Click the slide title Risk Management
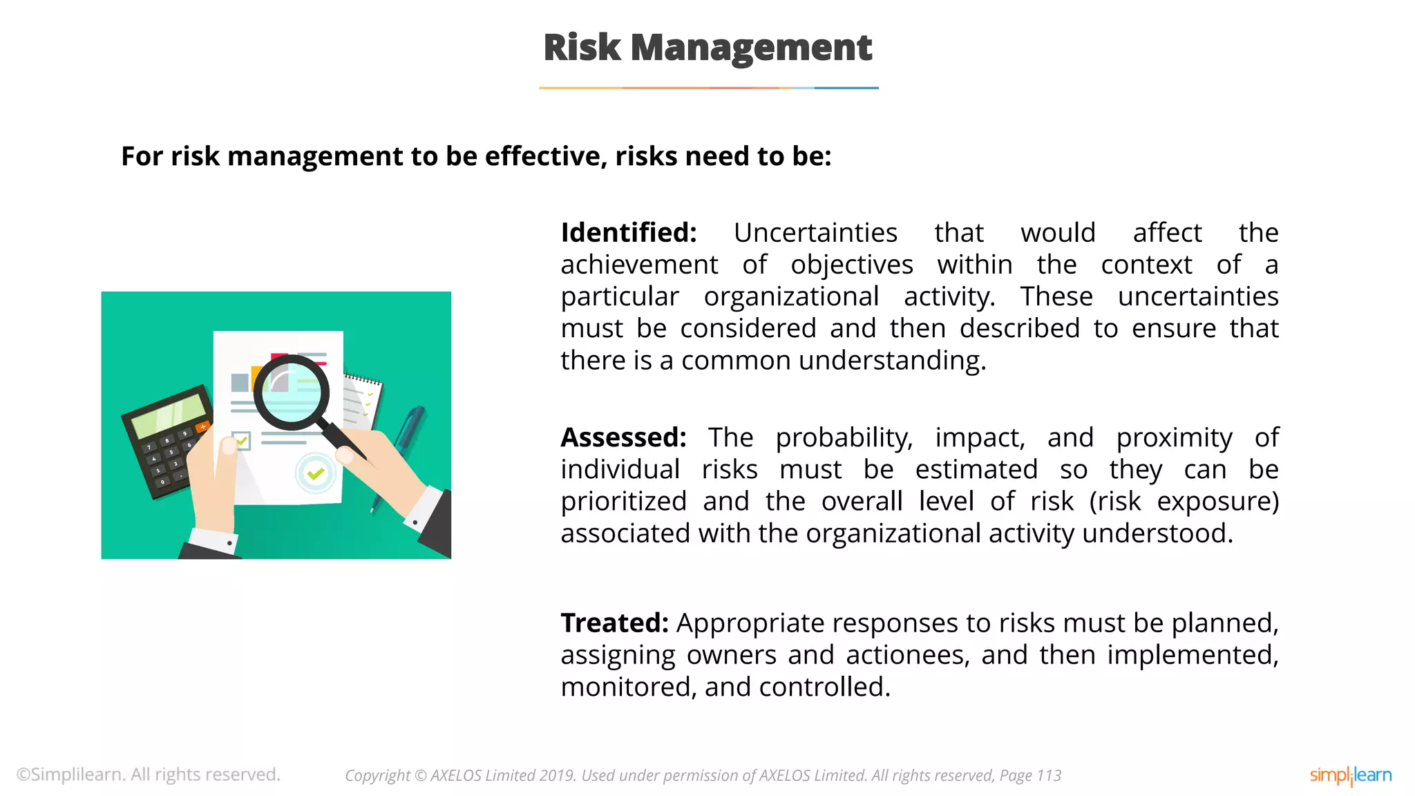(x=707, y=48)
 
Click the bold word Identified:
(x=628, y=233)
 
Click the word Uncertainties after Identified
(x=815, y=233)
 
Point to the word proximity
(x=1174, y=438)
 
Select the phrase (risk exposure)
(x=1184, y=502)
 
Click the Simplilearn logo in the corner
(x=1350, y=775)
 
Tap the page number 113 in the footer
(x=1049, y=776)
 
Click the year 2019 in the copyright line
(x=558, y=776)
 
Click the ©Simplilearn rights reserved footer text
(x=149, y=775)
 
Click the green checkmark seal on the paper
(x=316, y=473)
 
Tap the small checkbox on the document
(x=241, y=440)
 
